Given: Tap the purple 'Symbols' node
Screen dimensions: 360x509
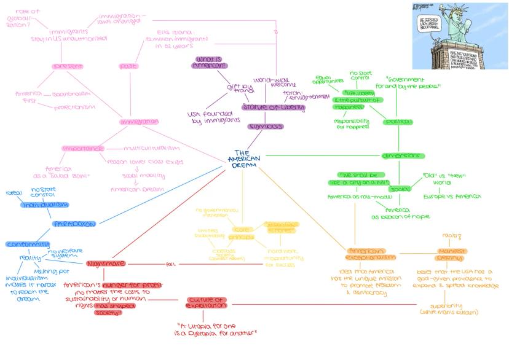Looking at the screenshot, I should (x=266, y=127).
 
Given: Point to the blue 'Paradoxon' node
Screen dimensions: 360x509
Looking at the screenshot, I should (x=74, y=224).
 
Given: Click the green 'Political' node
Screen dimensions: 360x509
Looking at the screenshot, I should (x=398, y=122).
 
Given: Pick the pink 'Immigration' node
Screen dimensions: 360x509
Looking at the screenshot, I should (x=140, y=122).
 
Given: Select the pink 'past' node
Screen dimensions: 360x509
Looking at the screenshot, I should (x=128, y=66).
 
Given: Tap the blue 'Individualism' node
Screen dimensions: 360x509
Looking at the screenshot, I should (x=45, y=205).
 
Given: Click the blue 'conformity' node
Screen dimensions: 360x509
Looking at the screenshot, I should (x=28, y=244).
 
